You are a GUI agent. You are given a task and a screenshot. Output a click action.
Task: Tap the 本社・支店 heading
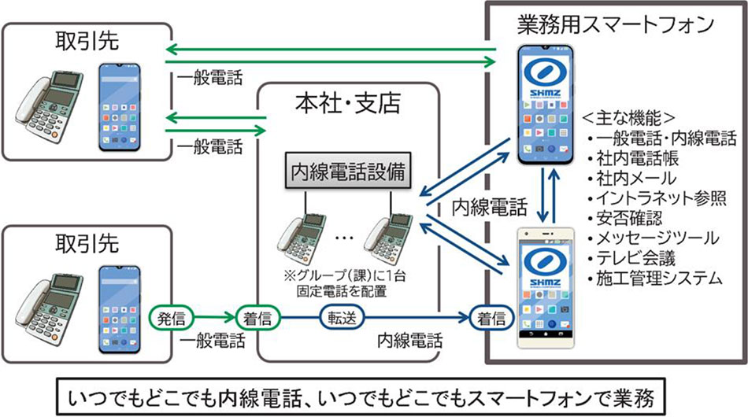[x=347, y=103]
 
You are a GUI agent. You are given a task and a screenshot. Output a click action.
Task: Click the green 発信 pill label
[x=168, y=319]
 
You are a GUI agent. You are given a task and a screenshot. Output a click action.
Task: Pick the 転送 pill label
[x=340, y=319]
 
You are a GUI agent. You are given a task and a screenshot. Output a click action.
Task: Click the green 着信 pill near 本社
[x=258, y=319]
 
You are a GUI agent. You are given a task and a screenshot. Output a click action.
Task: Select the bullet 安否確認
[x=624, y=217]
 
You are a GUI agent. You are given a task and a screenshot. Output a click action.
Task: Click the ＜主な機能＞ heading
[x=628, y=117]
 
